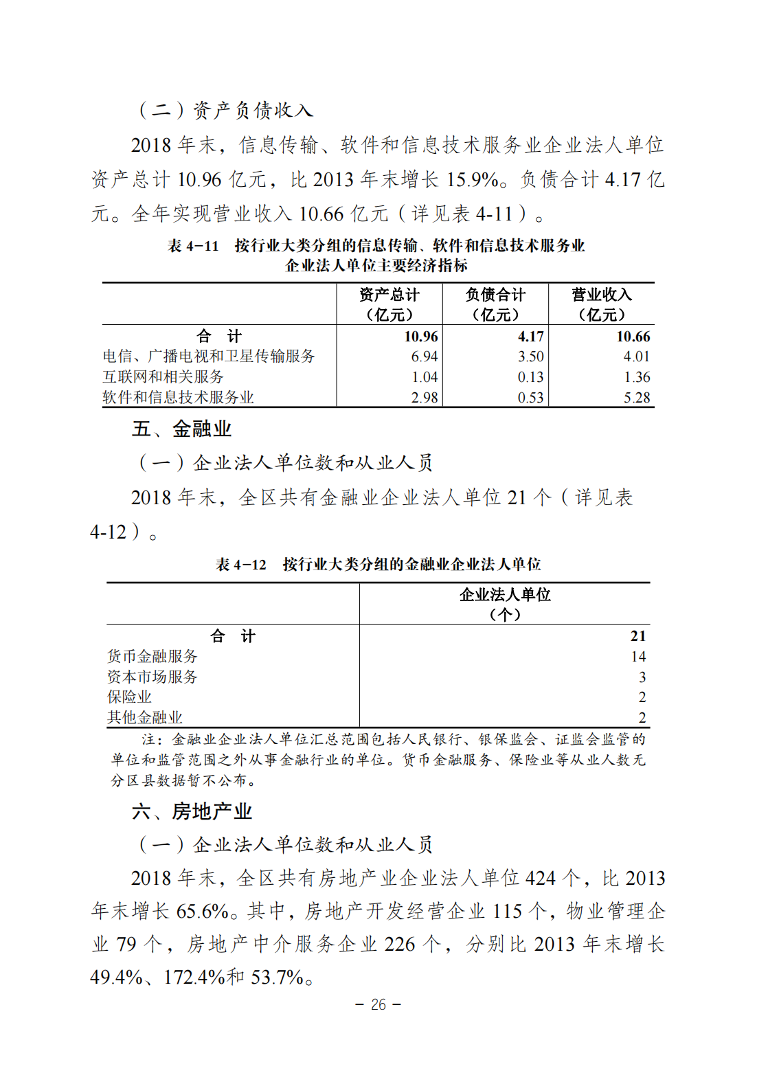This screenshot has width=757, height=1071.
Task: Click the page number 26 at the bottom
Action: coord(378,1004)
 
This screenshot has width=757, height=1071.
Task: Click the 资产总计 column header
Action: coord(389,304)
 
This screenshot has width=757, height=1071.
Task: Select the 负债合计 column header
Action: coord(495,304)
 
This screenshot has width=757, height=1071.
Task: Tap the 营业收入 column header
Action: coord(602,304)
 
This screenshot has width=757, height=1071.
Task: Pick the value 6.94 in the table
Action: coord(425,357)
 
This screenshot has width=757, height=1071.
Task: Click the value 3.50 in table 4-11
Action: coord(530,357)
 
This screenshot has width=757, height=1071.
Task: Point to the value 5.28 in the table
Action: coord(636,398)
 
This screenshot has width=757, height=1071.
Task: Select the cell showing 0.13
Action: coord(530,377)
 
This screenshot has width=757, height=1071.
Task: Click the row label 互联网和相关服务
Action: coord(163,377)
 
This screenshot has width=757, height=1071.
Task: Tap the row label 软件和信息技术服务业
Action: coord(179,398)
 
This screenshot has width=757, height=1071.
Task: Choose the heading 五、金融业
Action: coord(182,429)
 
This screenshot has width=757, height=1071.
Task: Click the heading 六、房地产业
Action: coord(192,811)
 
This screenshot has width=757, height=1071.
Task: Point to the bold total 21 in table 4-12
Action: coord(638,636)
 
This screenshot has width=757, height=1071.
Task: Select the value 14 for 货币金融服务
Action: coord(638,657)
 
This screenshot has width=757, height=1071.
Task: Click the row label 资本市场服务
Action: coord(152,677)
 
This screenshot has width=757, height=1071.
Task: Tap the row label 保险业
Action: coord(129,697)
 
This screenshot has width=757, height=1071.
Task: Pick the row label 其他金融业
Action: coord(145,718)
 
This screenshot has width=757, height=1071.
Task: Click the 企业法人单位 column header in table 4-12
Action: coord(505,603)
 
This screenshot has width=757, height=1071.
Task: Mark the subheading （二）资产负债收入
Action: coord(226,110)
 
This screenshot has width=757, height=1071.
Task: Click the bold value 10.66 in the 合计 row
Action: coord(633,337)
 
